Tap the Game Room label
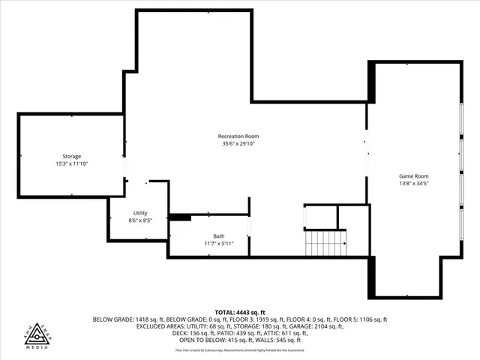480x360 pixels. click(x=413, y=175)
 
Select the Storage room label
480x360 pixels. click(x=72, y=156)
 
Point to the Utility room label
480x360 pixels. click(x=140, y=213)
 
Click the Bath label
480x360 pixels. click(x=218, y=236)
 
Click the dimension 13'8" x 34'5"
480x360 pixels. click(x=413, y=183)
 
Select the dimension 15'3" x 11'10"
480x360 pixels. click(x=72, y=163)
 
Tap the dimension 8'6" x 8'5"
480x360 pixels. click(x=140, y=220)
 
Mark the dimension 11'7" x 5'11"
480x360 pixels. click(x=219, y=244)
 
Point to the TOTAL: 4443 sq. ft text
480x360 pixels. click(x=240, y=312)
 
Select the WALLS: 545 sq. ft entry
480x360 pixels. click(x=277, y=341)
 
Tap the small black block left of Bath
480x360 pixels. click(x=180, y=217)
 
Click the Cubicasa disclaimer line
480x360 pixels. click(x=240, y=349)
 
